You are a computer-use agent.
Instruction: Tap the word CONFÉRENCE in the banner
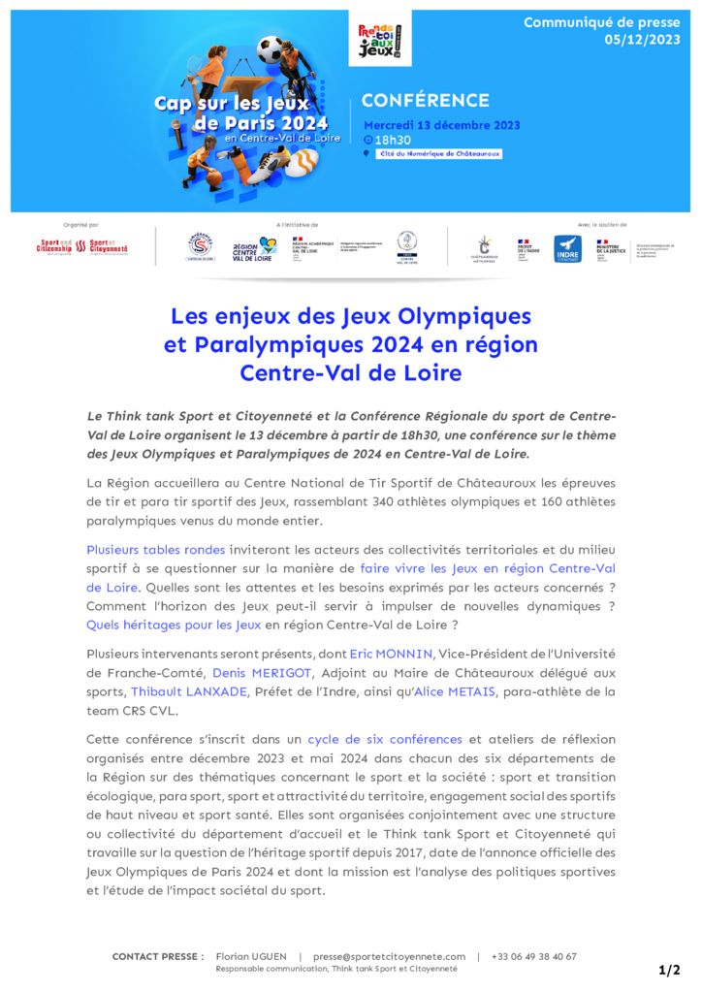click(x=425, y=101)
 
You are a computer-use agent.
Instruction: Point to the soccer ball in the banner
click(x=271, y=49)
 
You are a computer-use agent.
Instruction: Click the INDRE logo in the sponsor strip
click(x=567, y=249)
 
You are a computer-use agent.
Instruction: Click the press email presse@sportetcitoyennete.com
click(x=389, y=956)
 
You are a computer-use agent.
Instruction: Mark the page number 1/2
click(x=669, y=970)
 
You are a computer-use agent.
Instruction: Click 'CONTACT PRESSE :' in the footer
click(x=158, y=956)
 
